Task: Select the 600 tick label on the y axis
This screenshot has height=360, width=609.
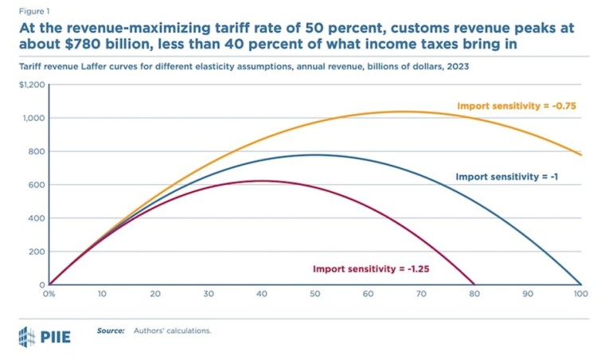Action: (37, 185)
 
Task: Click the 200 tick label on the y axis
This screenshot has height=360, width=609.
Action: (37, 252)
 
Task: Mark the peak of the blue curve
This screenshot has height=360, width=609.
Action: (315, 155)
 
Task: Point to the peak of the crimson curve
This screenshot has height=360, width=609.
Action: (262, 181)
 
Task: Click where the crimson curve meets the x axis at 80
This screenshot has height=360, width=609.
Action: (474, 284)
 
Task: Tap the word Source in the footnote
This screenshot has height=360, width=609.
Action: (111, 330)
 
